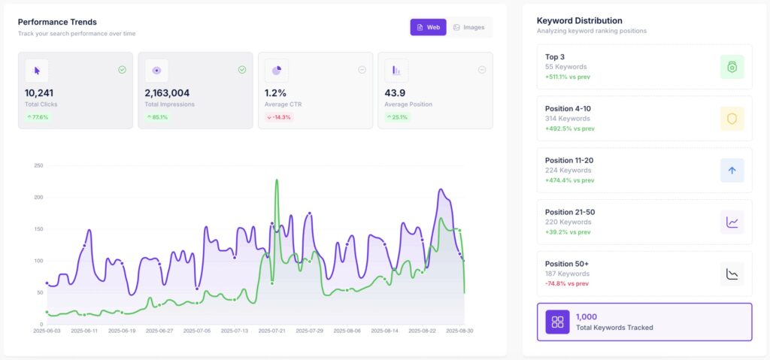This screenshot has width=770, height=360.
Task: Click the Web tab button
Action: click(x=428, y=27)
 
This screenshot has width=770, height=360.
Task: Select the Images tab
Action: click(x=468, y=27)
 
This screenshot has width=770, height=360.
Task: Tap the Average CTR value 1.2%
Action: click(x=275, y=93)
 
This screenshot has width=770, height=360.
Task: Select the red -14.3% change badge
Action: click(x=279, y=117)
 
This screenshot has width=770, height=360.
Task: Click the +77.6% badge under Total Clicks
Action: click(x=38, y=117)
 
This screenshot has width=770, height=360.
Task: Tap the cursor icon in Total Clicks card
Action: click(x=37, y=71)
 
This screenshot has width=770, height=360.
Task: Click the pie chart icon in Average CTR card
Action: click(x=277, y=71)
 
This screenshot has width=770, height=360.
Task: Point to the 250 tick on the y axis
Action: click(x=38, y=165)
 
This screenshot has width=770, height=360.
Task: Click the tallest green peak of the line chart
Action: click(x=277, y=180)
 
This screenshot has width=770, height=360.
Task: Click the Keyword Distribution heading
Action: click(x=579, y=20)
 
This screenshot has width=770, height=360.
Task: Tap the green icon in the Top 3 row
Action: click(x=732, y=67)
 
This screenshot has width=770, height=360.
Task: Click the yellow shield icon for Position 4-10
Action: click(x=732, y=119)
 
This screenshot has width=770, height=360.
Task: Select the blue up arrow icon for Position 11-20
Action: click(x=732, y=171)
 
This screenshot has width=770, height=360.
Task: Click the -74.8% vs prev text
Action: click(x=569, y=283)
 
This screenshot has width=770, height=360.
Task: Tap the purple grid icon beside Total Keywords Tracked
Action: click(x=557, y=322)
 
